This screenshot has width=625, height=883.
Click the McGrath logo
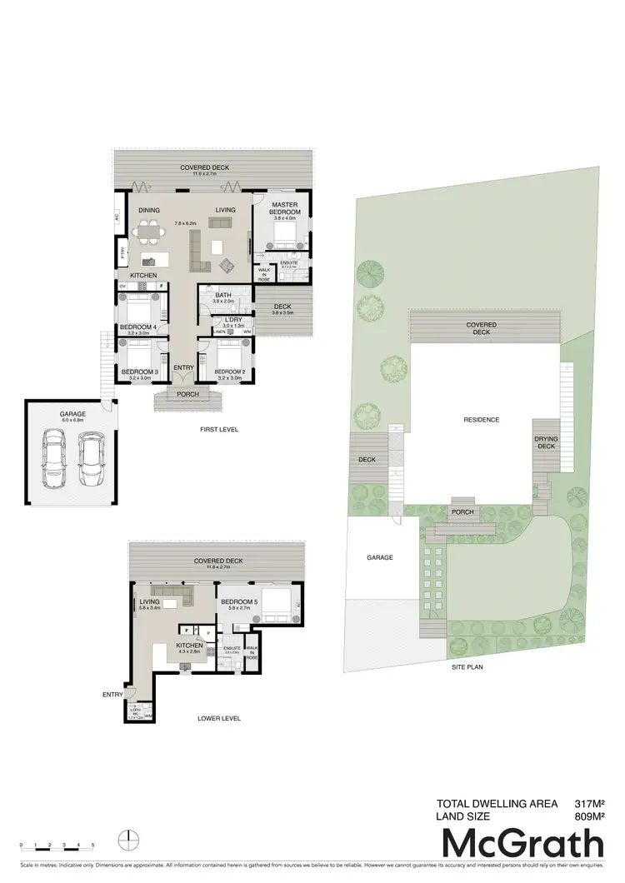click(x=522, y=844)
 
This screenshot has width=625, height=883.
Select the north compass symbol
click(x=125, y=839)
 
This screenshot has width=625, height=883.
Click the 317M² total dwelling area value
click(x=588, y=804)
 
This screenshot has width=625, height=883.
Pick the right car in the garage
click(x=91, y=461)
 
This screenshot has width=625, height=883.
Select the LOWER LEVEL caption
click(x=220, y=717)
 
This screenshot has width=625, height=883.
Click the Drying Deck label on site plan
click(x=546, y=441)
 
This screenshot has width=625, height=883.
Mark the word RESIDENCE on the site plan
click(x=481, y=420)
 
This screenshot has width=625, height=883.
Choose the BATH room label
click(x=222, y=295)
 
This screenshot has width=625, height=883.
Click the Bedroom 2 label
click(x=228, y=372)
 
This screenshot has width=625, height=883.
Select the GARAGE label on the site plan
click(x=379, y=558)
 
